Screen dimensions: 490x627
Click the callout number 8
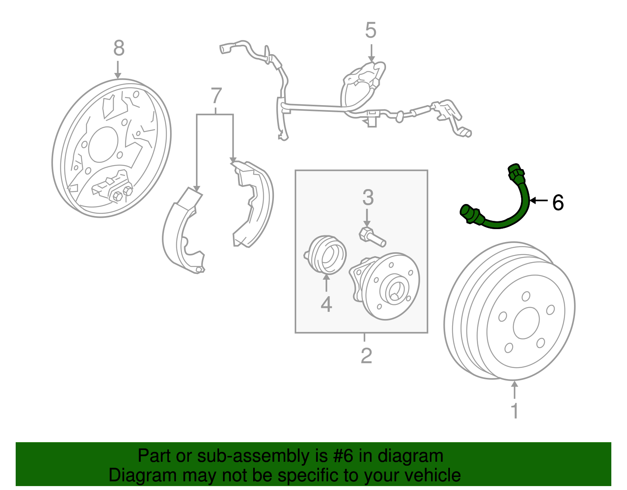pos(119,48)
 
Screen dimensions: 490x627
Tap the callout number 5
pos(371,31)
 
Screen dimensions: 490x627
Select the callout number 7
pos(216,96)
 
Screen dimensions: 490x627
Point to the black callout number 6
pos(558,203)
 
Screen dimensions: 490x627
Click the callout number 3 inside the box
pos(368,198)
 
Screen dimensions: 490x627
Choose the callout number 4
pos(326,304)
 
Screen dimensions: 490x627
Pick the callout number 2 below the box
pos(366,356)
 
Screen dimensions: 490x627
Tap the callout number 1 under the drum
pos(515,411)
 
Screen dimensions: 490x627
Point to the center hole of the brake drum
pos(526,323)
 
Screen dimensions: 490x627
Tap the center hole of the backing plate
pos(103,144)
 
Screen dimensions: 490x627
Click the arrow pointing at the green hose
pos(538,200)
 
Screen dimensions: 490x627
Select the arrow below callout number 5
pos(371,53)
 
